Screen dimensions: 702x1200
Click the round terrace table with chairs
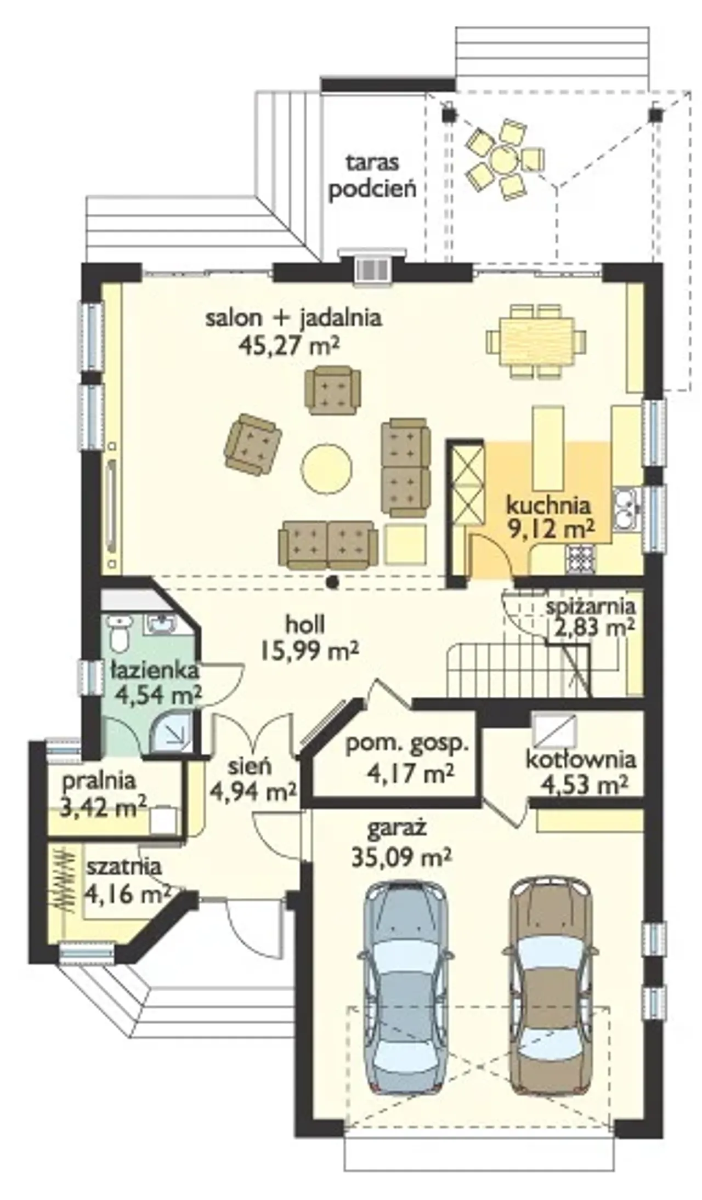pos(501,160)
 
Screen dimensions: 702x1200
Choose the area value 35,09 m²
pos(401,857)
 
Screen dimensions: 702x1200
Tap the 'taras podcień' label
pos(372,175)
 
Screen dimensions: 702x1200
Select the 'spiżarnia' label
pos(591,607)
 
